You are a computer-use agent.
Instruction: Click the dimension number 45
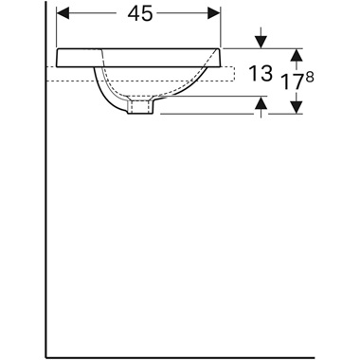[140, 14]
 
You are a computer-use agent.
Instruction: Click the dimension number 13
[261, 73]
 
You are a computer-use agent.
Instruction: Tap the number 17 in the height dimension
[293, 81]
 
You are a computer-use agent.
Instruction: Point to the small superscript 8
[310, 78]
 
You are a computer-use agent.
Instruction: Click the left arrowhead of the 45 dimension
[63, 13]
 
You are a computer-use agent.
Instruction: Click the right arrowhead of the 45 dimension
[214, 13]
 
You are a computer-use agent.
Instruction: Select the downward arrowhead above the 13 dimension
[261, 43]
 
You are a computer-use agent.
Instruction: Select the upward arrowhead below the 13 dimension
[261, 102]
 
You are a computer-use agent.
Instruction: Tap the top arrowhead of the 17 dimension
[297, 55]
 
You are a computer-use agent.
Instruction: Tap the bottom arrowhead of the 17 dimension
[297, 107]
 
